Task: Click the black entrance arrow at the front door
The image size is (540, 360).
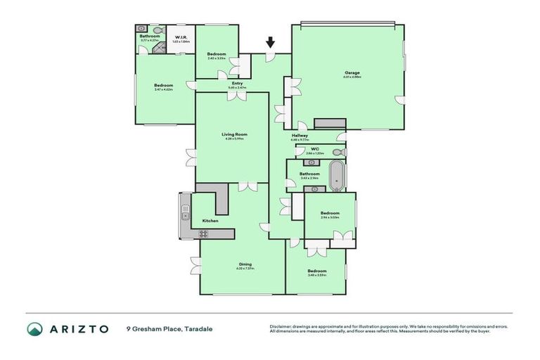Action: [270, 44]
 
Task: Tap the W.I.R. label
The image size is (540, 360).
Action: [181, 38]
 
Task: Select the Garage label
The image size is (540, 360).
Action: [352, 73]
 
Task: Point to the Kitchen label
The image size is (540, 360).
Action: [210, 221]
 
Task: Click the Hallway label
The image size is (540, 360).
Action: [300, 136]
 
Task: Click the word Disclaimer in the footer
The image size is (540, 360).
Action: [281, 326]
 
